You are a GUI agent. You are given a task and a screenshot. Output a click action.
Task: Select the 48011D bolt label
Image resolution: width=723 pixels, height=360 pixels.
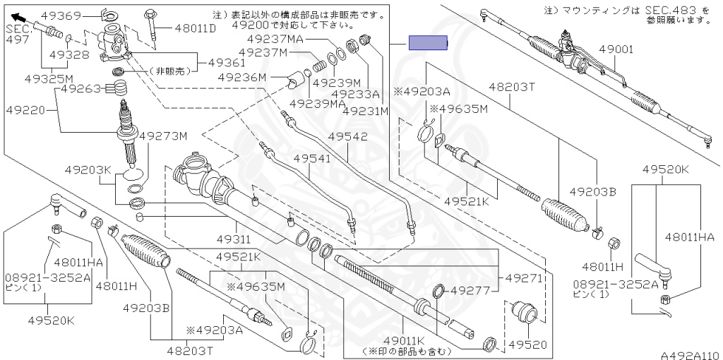[196, 28]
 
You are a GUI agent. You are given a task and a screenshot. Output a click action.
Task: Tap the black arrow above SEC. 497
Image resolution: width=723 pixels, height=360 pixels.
[19, 18]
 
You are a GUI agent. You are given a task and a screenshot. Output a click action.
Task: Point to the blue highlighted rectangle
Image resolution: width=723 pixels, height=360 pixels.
[429, 43]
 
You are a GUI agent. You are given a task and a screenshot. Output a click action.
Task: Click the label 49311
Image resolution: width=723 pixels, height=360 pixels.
[234, 239]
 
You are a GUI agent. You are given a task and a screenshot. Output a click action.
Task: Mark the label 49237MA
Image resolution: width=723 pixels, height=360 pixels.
[275, 39]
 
